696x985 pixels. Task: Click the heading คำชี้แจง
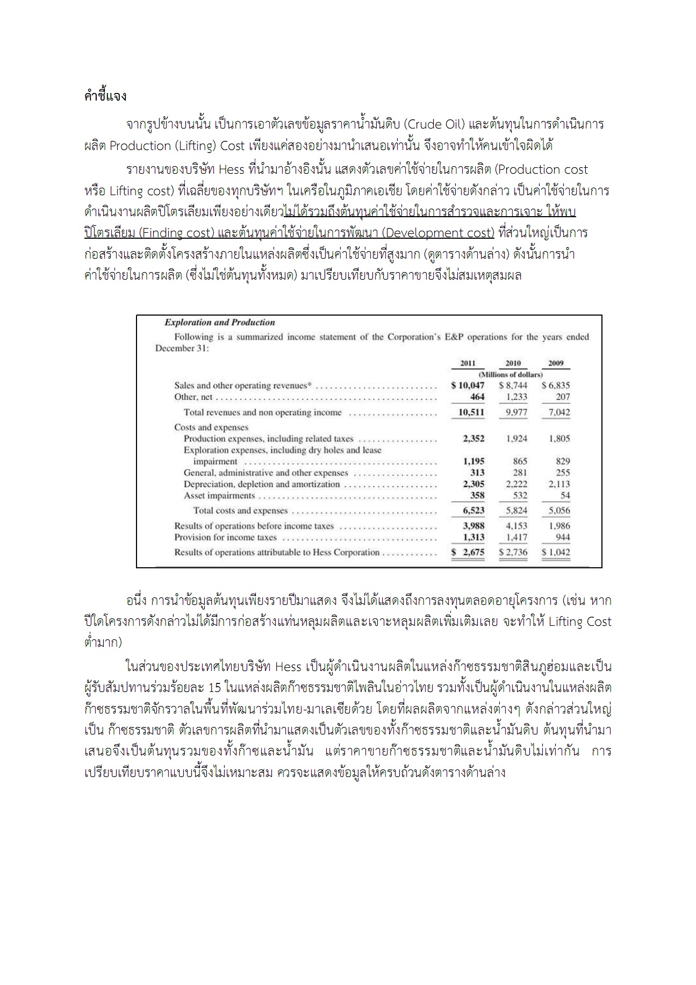click(105, 97)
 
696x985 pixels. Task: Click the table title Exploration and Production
click(219, 323)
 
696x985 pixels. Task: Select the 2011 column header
click(468, 363)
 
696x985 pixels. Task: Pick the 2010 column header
click(513, 363)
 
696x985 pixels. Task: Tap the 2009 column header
click(556, 363)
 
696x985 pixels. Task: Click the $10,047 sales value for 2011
click(468, 386)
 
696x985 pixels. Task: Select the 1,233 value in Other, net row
click(516, 397)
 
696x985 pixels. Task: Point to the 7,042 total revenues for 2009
click(559, 412)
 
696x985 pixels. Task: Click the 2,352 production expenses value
click(473, 439)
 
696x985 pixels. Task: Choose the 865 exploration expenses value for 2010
click(520, 461)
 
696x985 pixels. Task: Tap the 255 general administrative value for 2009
click(563, 473)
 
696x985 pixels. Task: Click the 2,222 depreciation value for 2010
click(516, 484)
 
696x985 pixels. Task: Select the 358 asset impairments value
click(477, 495)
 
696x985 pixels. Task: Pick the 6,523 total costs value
click(473, 510)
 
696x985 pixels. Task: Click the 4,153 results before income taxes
click(516, 526)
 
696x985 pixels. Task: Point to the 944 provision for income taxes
click(563, 537)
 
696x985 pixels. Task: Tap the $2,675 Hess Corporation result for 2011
click(468, 552)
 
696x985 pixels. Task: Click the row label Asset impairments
click(219, 496)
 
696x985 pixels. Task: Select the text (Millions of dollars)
click(511, 374)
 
